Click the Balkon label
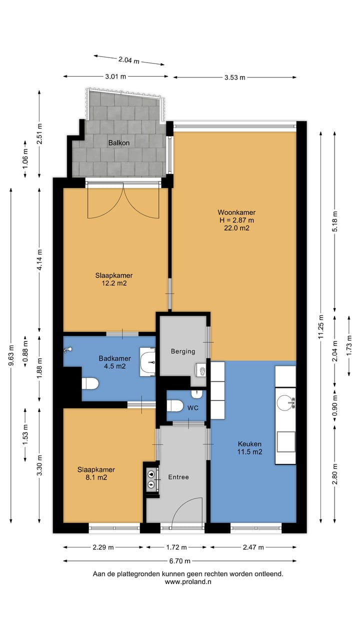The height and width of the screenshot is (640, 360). click(x=119, y=143)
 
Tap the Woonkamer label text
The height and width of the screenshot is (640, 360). click(x=236, y=212)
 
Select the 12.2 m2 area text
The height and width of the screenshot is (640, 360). click(x=114, y=283)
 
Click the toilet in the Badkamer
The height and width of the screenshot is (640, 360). click(x=90, y=383)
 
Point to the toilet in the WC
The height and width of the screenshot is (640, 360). click(x=175, y=405)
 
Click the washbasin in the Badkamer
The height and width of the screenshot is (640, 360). click(x=147, y=362)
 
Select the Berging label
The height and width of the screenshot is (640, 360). click(x=183, y=351)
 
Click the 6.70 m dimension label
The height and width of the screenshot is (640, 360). click(x=179, y=561)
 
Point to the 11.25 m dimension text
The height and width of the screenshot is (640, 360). click(x=321, y=326)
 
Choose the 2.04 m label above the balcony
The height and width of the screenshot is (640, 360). click(x=129, y=60)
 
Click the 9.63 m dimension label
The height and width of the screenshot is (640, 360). click(x=11, y=355)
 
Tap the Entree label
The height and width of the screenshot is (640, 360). click(x=178, y=477)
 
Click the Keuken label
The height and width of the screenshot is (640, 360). click(x=249, y=444)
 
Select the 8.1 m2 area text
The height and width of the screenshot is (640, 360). click(x=96, y=477)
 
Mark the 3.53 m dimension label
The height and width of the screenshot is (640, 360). click(x=235, y=77)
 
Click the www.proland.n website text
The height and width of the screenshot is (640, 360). click(x=188, y=581)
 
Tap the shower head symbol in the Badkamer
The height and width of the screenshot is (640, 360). click(x=67, y=349)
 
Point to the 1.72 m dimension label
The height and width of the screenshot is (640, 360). click(x=176, y=547)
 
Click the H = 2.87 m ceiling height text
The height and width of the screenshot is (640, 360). click(x=236, y=220)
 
